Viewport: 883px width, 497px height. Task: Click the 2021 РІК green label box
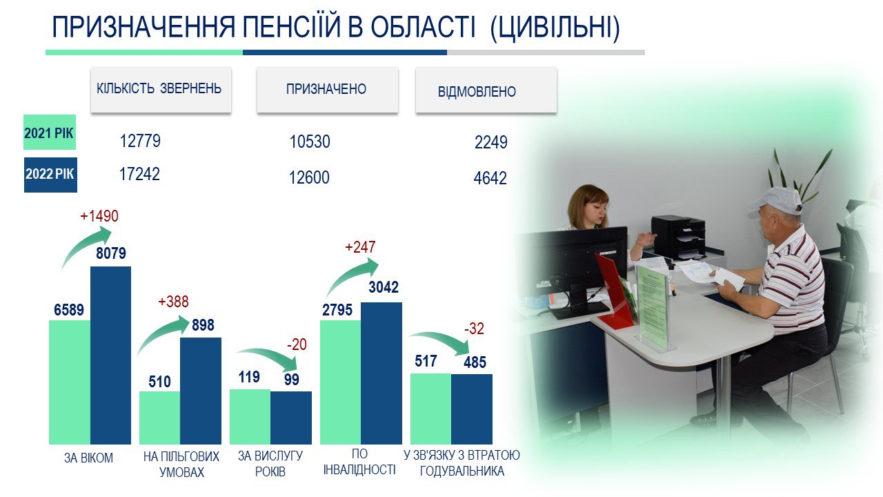pyautogui.click(x=50, y=132)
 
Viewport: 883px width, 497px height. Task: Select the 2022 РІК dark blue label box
pyautogui.click(x=50, y=175)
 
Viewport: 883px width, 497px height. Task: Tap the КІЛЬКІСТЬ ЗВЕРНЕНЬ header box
pyautogui.click(x=161, y=90)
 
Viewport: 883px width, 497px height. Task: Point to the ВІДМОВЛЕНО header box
pyautogui.click(x=486, y=90)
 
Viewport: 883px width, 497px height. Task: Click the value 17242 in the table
pyautogui.click(x=139, y=174)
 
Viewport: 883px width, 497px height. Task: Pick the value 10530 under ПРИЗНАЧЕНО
pyautogui.click(x=310, y=142)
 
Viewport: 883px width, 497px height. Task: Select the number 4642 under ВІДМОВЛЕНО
pyautogui.click(x=490, y=178)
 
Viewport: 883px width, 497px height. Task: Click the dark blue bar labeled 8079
pyautogui.click(x=111, y=355)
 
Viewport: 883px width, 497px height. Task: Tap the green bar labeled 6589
pyautogui.click(x=70, y=382)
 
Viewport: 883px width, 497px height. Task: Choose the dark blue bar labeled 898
pyautogui.click(x=201, y=391)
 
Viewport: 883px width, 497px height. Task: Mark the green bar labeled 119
pyautogui.click(x=250, y=417)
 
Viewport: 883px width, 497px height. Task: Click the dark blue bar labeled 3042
pyautogui.click(x=381, y=373)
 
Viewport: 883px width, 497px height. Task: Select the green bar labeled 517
pyautogui.click(x=430, y=409)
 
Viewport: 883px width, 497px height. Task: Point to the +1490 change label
pyautogui.click(x=99, y=216)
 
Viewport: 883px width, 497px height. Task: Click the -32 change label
pyautogui.click(x=474, y=329)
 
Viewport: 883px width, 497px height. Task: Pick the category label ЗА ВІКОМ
pyautogui.click(x=89, y=458)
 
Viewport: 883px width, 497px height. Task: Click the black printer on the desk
pyautogui.click(x=678, y=236)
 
